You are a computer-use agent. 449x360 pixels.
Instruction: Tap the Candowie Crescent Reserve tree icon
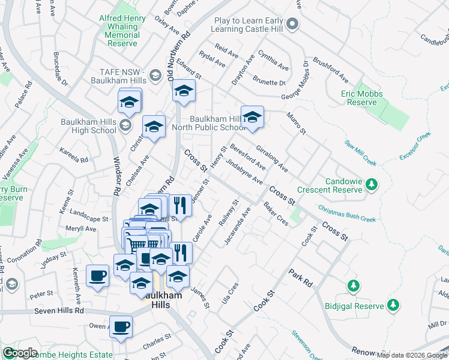point(372,184)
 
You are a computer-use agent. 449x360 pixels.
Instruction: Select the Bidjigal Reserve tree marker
point(393,305)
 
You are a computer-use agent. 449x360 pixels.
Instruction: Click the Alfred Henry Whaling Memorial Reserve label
point(122,27)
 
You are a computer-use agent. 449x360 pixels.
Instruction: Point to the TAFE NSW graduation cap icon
point(155,75)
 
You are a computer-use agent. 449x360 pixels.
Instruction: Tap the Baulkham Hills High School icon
point(125,125)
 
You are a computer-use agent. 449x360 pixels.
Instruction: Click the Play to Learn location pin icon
point(292,24)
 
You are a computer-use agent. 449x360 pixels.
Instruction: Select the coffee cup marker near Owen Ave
point(121,327)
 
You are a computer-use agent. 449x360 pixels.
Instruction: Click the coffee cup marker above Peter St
point(97,276)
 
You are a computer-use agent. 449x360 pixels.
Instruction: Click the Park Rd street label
point(301,277)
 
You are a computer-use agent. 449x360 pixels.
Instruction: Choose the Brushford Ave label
point(331,71)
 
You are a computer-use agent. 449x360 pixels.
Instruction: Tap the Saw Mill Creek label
point(360,153)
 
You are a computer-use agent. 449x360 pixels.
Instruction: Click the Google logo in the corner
point(20,353)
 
